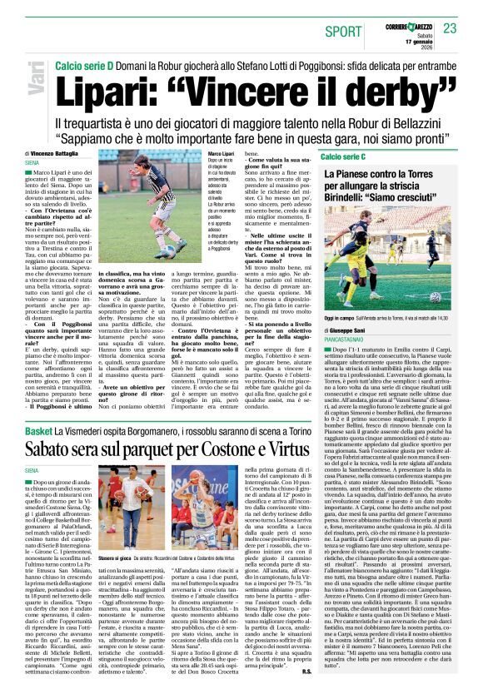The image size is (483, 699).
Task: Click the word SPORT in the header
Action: (x=343, y=31)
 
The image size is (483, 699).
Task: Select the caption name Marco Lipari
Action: (x=221, y=155)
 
